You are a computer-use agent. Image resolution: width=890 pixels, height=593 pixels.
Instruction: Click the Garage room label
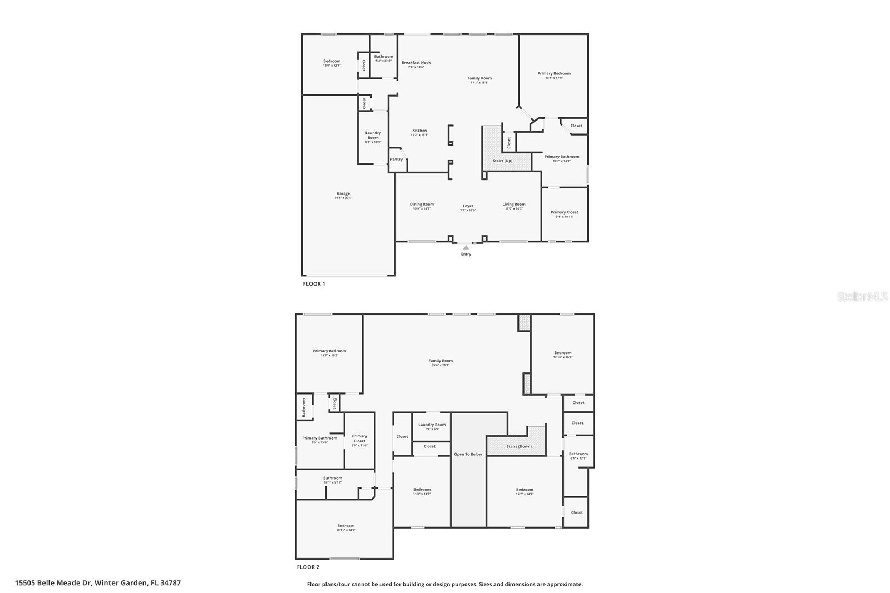point(343,195)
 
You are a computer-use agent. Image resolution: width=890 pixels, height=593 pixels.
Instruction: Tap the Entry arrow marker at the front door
point(466,247)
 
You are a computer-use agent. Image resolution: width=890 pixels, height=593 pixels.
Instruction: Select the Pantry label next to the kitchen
point(396,160)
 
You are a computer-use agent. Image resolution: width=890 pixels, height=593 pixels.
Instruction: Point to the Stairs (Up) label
point(502,161)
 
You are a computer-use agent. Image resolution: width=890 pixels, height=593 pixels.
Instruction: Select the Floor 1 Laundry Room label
point(373,136)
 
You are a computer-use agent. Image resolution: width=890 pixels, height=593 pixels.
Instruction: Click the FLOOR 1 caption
point(314,284)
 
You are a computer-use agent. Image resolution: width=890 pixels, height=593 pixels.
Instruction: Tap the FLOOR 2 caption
point(308,567)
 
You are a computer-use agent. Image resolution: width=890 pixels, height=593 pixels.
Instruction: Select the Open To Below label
point(468,454)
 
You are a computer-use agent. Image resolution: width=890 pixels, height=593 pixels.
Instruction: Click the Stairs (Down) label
point(519,446)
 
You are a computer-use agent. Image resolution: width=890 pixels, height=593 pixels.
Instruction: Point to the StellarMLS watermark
point(862,297)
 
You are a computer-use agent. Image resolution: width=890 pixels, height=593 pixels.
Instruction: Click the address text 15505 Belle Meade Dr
point(98,583)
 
